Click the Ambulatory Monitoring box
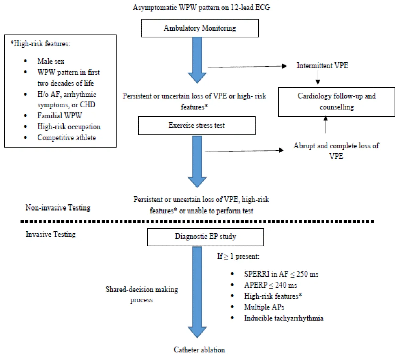coord(200,28)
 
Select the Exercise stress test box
coord(197,126)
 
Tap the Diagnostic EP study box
coord(205,237)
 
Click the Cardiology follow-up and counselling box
coord(337,102)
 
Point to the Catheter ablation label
coord(199,350)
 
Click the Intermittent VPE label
coord(322,66)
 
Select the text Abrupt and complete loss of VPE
coord(336,151)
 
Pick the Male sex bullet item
coord(51,61)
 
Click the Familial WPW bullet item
coord(59,116)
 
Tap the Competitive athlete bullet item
coord(66,138)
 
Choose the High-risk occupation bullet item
coord(69,127)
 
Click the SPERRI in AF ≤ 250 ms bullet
coord(281,274)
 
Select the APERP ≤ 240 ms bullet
coord(270,285)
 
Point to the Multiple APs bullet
coord(264,307)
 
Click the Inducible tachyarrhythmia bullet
coord(283,318)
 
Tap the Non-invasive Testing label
coord(58,208)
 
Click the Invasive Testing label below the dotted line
coord(51,234)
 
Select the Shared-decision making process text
coord(141,294)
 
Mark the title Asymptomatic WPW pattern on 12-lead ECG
coord(201,8)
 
